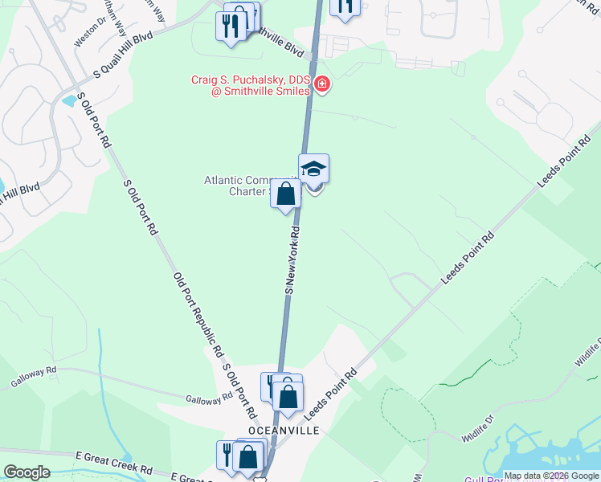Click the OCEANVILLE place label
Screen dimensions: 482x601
tap(284, 431)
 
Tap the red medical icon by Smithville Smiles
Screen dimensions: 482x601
tap(322, 84)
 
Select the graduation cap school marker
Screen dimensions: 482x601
tap(313, 169)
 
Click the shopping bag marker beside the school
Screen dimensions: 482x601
tap(286, 194)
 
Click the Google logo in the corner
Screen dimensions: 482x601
tap(26, 472)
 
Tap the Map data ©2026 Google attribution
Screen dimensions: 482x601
tap(551, 476)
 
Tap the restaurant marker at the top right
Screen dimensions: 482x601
tap(345, 7)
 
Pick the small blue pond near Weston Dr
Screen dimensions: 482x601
tap(69, 102)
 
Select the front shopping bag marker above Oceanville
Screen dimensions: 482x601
tap(288, 395)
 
